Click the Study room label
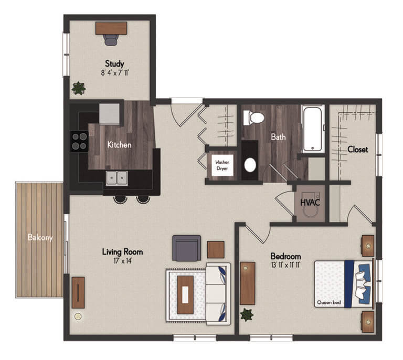pyautogui.click(x=114, y=63)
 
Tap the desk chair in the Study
pyautogui.click(x=111, y=39)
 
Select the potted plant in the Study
pyautogui.click(x=78, y=88)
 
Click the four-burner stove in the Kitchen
pyautogui.click(x=79, y=140)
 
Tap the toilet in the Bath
pyautogui.click(x=253, y=118)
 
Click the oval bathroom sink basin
pyautogui.click(x=251, y=166)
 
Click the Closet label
pyautogui.click(x=357, y=150)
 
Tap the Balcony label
pyautogui.click(x=40, y=238)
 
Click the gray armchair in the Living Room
pyautogui.click(x=186, y=248)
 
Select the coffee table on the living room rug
pyautogui.click(x=185, y=294)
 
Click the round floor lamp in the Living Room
pyautogui.click(x=78, y=316)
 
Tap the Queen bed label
pyautogui.click(x=329, y=303)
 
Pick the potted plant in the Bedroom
pyautogui.click(x=246, y=315)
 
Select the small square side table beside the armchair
pyautogui.click(x=216, y=249)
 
